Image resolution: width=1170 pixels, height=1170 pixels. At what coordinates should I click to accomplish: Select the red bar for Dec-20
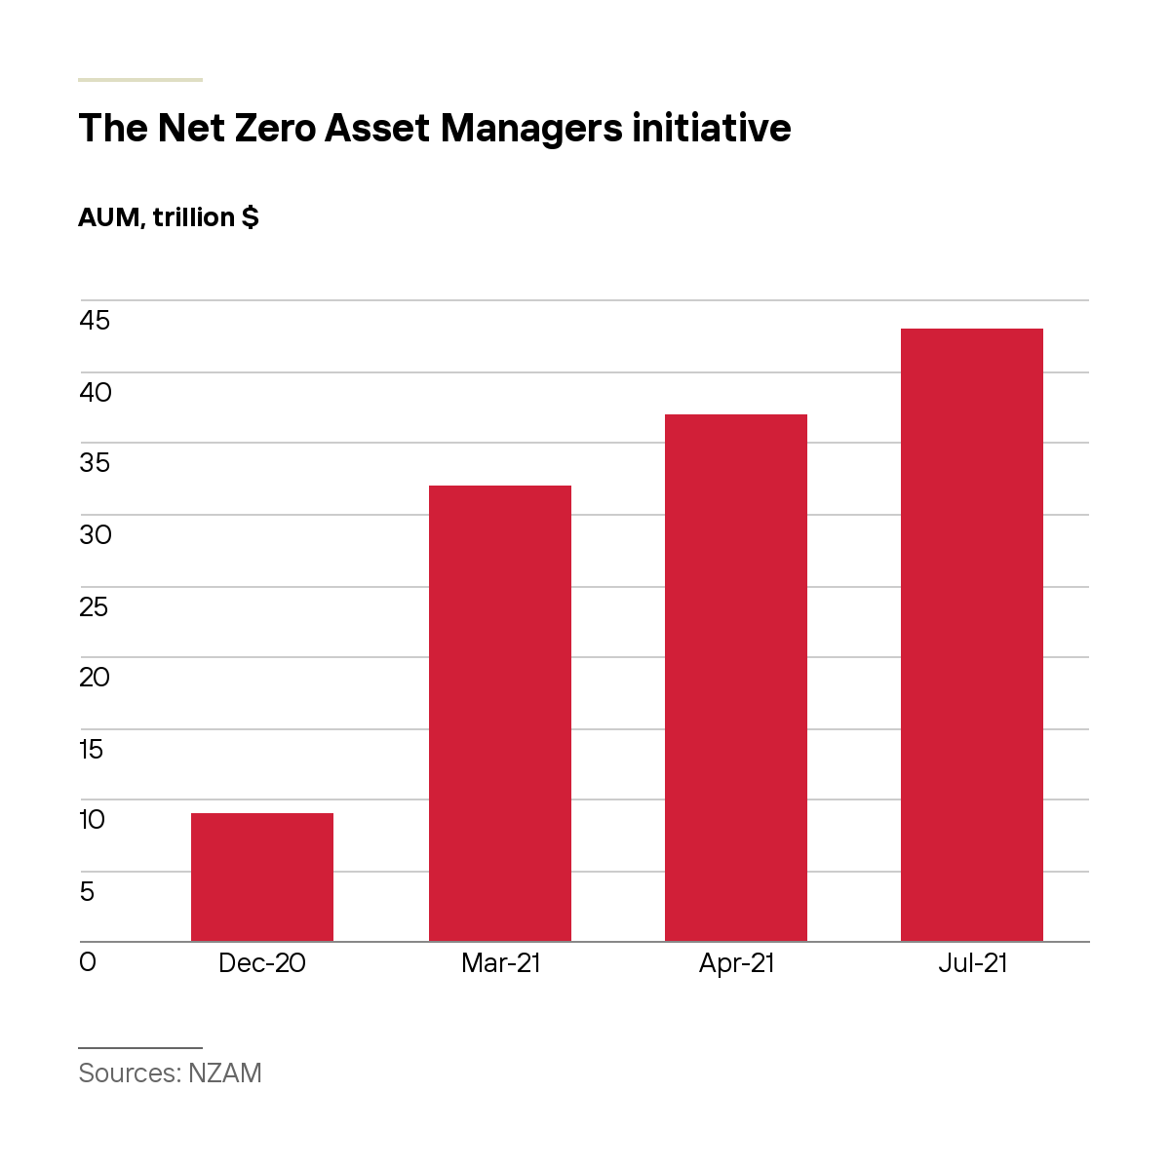click(x=261, y=877)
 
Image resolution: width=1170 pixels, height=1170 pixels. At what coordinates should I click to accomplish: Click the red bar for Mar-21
click(x=500, y=714)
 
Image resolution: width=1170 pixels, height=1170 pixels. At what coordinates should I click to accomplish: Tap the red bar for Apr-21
click(x=736, y=678)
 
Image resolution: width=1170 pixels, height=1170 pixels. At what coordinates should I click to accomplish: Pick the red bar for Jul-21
click(x=971, y=635)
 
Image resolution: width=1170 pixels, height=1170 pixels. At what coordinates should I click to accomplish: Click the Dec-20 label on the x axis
click(x=261, y=963)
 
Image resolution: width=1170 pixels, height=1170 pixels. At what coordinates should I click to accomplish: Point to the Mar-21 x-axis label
click(x=500, y=963)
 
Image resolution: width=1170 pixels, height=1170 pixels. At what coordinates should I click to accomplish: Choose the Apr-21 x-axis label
click(x=736, y=964)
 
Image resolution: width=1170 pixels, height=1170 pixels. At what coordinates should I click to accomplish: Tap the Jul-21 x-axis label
click(x=972, y=963)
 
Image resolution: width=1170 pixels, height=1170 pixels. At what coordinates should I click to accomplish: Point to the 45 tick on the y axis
click(x=95, y=321)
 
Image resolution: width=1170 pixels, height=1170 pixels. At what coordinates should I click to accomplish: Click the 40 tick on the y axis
click(x=96, y=393)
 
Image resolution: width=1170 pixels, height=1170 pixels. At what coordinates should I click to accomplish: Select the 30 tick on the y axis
click(x=96, y=535)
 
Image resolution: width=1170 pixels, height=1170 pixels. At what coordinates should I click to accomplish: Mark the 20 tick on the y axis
click(x=95, y=677)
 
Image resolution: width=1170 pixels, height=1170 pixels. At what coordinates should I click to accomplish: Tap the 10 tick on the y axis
click(x=93, y=820)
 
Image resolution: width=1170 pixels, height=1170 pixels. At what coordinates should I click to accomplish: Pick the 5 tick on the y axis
click(x=87, y=891)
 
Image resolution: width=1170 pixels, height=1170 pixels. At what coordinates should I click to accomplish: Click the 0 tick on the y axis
click(x=88, y=961)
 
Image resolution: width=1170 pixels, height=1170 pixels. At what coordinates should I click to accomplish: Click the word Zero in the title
click(x=275, y=128)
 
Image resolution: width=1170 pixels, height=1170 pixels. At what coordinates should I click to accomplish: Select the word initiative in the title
click(x=711, y=128)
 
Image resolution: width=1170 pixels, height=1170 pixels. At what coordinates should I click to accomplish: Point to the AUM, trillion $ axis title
click(x=169, y=217)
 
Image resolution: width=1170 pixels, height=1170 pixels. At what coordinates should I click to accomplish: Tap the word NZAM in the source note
click(x=224, y=1072)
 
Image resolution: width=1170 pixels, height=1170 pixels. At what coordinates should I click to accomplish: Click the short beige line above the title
click(x=140, y=80)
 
